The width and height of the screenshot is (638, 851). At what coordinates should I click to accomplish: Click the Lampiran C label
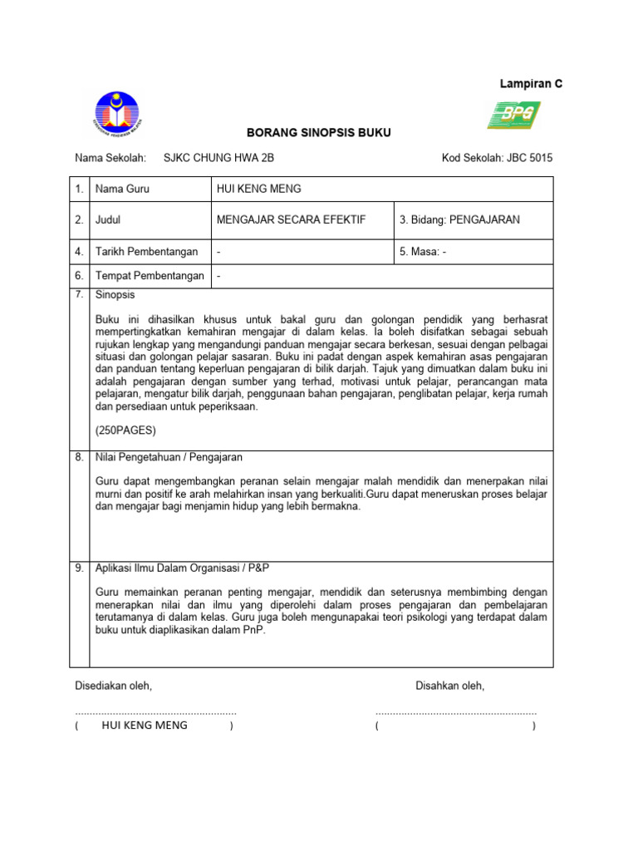[x=530, y=84]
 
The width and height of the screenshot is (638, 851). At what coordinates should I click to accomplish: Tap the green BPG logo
[x=513, y=115]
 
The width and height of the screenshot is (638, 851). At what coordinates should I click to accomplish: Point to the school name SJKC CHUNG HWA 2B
[x=218, y=158]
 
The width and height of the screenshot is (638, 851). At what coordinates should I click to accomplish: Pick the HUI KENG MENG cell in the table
[x=258, y=189]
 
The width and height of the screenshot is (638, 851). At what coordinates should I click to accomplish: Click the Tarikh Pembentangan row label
[x=146, y=252]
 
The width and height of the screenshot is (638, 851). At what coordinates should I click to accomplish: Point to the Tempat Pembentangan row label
[x=150, y=276]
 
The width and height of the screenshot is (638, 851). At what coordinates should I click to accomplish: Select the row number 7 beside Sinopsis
[x=79, y=295]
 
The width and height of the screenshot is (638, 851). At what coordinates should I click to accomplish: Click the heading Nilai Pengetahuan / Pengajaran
[x=169, y=457]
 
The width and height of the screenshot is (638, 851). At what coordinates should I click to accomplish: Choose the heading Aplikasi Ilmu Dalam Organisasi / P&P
[x=183, y=568]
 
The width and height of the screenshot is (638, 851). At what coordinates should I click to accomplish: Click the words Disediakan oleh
[x=114, y=686]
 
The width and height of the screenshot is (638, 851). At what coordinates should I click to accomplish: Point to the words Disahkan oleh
[x=449, y=686]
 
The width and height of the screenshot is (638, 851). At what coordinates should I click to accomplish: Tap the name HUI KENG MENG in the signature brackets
[x=145, y=725]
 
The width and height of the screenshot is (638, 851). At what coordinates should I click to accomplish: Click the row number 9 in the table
[x=79, y=568]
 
